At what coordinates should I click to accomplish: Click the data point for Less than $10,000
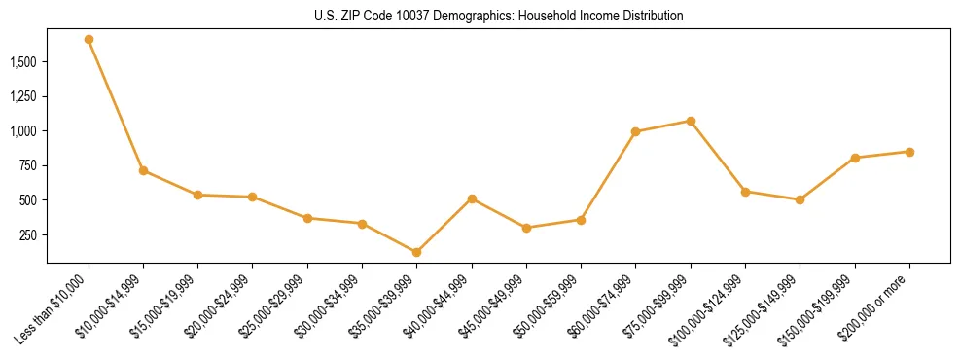tap(89, 40)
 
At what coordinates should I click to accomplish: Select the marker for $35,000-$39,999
tap(416, 252)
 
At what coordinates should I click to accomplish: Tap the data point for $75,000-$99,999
tap(691, 121)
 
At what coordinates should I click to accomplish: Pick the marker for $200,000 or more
tap(909, 152)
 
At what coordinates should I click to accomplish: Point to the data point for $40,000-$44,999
tap(472, 198)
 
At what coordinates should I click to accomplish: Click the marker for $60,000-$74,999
tap(635, 131)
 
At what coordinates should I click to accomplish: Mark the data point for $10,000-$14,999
tap(143, 170)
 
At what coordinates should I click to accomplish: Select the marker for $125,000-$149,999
tap(800, 199)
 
